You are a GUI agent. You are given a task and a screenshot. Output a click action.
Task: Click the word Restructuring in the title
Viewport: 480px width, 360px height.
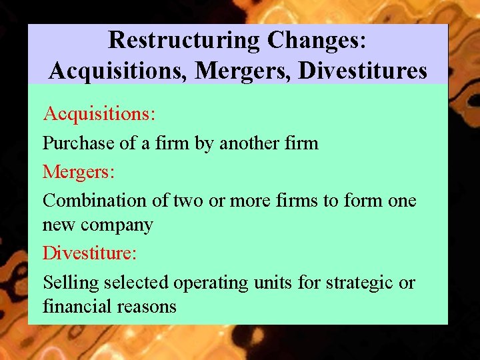click(x=184, y=40)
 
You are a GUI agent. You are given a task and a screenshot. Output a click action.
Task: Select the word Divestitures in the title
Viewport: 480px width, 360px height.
click(x=363, y=69)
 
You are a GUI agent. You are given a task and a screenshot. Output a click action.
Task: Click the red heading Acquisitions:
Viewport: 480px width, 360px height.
click(x=99, y=113)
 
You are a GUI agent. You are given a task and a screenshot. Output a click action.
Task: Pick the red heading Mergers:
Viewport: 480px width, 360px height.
click(x=79, y=172)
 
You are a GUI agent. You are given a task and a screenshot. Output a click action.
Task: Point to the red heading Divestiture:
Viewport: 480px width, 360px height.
click(x=89, y=253)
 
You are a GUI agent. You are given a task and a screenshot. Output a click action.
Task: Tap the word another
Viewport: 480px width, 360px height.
click(x=252, y=143)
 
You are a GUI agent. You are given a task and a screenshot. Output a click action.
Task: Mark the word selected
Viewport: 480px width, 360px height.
click(x=137, y=283)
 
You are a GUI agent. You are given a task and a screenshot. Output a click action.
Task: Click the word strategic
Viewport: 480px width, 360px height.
click(x=359, y=283)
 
